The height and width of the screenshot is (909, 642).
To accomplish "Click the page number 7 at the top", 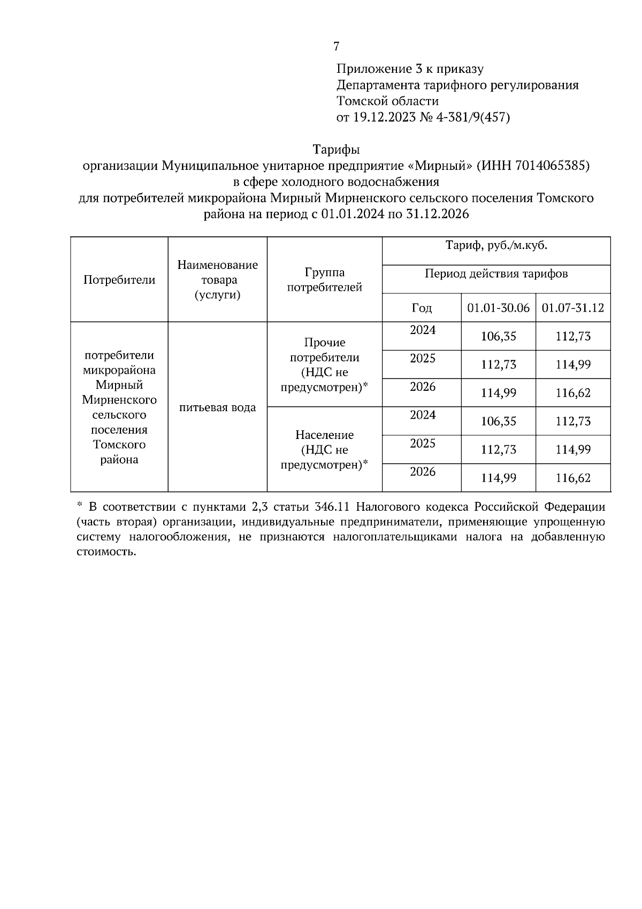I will coord(336,47).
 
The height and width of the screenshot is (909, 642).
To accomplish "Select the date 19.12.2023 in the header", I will coord(383,117).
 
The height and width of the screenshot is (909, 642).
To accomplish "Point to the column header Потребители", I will coord(119,279).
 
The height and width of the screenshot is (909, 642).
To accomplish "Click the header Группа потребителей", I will coord(325,279).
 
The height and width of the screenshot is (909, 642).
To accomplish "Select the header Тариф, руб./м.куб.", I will coord(496,246).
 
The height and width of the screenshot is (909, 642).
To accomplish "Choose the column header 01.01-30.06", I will coord(498,308).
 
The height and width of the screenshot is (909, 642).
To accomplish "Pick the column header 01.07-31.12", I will coord(572,308).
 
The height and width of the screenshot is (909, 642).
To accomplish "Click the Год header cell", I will coord(422,308).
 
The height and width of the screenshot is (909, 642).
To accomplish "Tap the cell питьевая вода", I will coord(217,407).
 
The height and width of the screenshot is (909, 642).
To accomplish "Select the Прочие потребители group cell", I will coord(325,365).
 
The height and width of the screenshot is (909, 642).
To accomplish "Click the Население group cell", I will coord(325,450).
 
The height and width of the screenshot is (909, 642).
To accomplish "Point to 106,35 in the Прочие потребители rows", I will coord(498,336).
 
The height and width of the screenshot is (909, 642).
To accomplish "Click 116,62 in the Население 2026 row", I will coord(573,478).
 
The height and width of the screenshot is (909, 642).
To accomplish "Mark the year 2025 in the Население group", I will coord(423,444).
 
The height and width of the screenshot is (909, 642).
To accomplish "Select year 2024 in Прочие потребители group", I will coord(423,330).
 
